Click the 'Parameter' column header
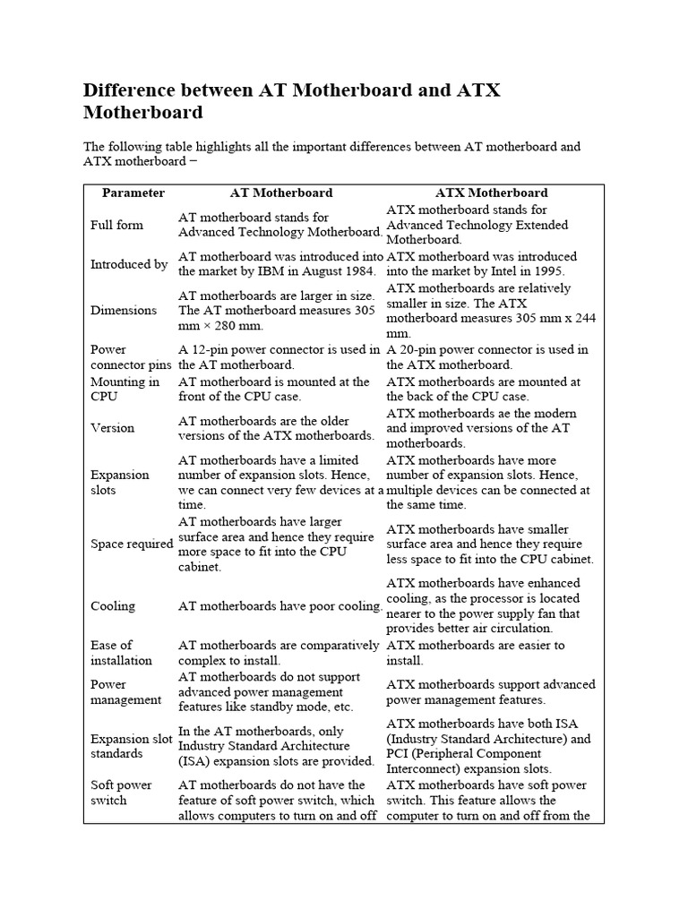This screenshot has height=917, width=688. coord(133,193)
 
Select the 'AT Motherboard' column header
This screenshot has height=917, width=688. coord(281,193)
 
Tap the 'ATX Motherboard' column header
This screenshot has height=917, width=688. coord(491,193)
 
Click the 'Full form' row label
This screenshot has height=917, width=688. coord(116,225)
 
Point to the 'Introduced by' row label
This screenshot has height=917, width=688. coord(129,264)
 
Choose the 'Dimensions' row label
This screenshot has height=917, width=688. coord(124,310)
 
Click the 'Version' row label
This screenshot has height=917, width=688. coord(113,427)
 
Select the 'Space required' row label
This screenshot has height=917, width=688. coord(132,544)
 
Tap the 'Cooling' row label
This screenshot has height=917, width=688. coord(113,606)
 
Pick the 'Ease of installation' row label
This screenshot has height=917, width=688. coord(121,653)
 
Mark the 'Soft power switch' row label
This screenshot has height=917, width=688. coord(121,793)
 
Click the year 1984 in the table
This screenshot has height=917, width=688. coord(364,271)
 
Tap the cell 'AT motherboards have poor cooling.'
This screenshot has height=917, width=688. coord(280,606)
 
